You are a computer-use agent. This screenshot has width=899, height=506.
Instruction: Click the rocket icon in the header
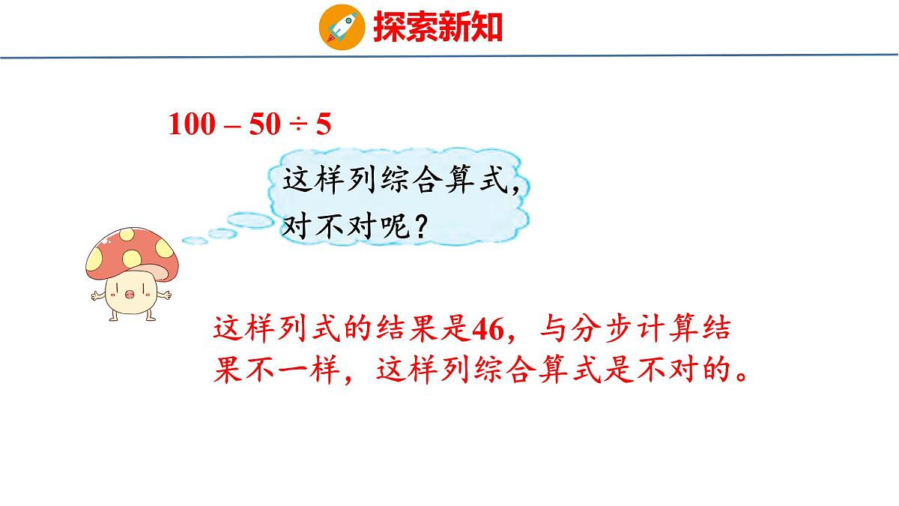pos(342,27)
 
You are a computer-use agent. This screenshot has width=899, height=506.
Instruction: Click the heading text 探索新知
pos(438,28)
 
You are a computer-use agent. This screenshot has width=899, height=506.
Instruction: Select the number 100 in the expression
pos(190,124)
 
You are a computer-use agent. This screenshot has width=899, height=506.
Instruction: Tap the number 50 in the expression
pos(263,124)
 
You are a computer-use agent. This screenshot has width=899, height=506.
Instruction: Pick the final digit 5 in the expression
pos(323,124)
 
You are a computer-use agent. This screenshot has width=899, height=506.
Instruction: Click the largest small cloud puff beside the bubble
pos(251,220)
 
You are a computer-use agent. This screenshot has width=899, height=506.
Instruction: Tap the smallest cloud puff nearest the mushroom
pos(195,240)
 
